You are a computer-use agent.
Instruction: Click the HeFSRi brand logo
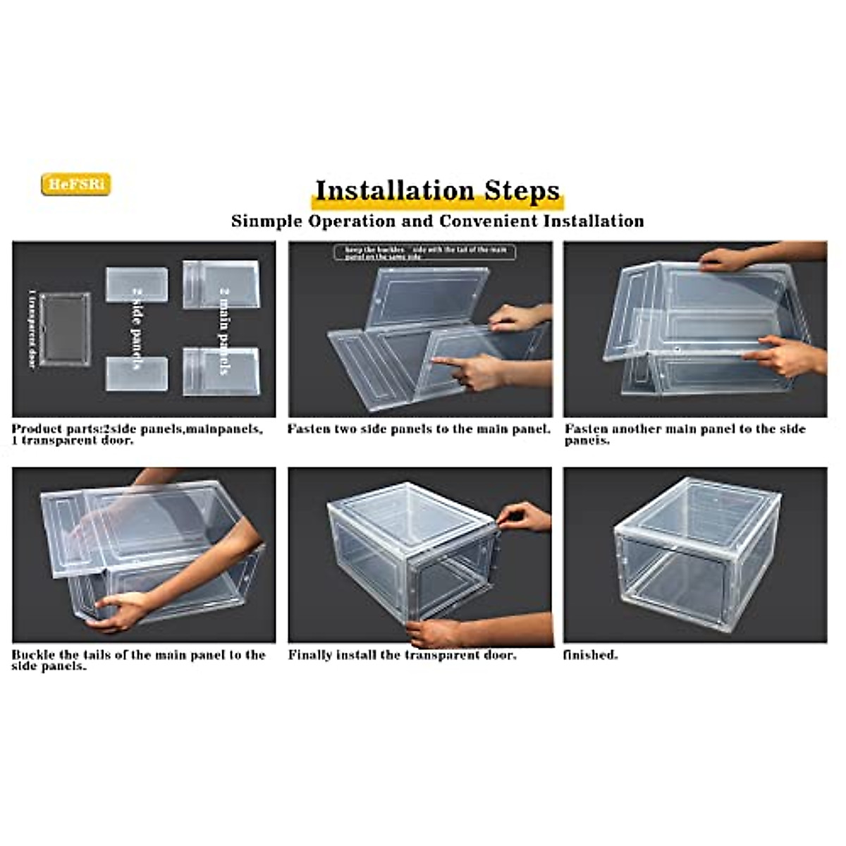[x=76, y=185]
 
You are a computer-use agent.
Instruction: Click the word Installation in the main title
[x=394, y=190]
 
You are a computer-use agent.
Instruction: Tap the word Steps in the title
[x=522, y=190]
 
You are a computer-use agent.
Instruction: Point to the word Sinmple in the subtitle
[x=265, y=221]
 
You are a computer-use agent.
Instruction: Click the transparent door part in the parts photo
[x=64, y=329]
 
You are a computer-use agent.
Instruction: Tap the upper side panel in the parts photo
[x=137, y=284]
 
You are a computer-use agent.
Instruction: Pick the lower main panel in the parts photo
[x=221, y=371]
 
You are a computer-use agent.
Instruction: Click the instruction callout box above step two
[x=424, y=252]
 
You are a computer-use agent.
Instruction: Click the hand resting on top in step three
[x=726, y=259]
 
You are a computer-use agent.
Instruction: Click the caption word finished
[x=590, y=655]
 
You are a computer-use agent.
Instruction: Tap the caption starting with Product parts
[x=137, y=434]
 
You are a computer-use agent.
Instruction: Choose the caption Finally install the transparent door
[x=402, y=655]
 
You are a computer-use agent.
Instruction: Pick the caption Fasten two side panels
[x=419, y=429]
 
